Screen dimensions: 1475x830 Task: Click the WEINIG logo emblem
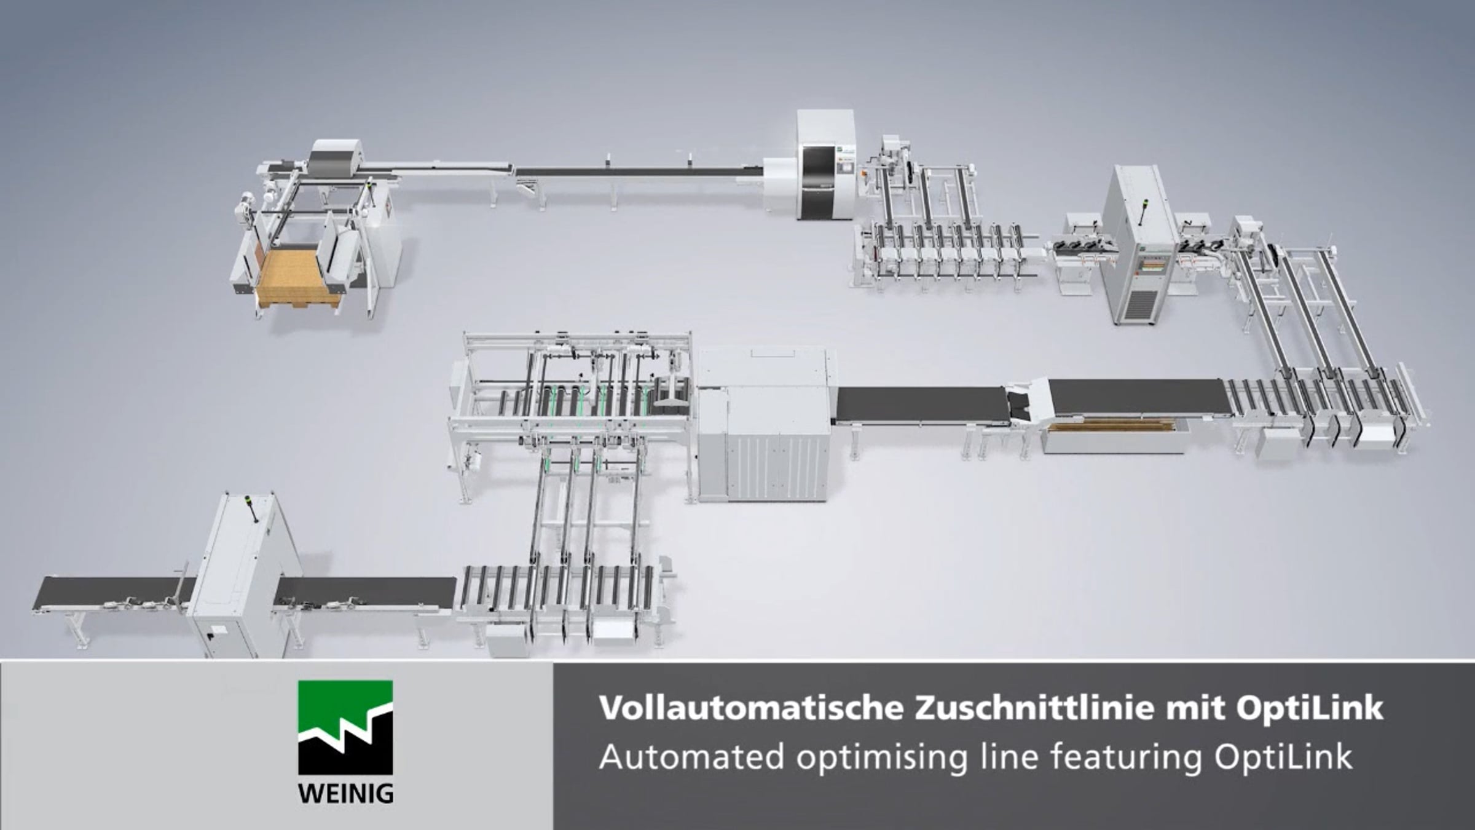(x=345, y=727)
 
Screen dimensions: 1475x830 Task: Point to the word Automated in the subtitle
(x=692, y=757)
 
